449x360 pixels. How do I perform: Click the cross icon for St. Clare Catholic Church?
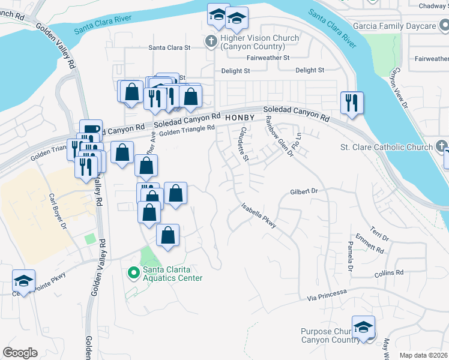(x=441, y=146)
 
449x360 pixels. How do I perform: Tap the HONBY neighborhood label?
(x=240, y=118)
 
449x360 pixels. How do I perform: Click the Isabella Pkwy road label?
(x=259, y=214)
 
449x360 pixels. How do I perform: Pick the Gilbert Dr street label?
(x=303, y=191)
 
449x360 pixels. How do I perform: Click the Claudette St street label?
(x=243, y=144)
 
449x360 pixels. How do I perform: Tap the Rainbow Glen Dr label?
(x=279, y=137)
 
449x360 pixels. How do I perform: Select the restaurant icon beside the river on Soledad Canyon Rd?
(x=351, y=103)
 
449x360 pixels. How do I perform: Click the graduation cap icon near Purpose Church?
(x=363, y=328)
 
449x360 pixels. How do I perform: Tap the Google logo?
(x=20, y=353)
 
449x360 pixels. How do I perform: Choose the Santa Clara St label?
(x=169, y=47)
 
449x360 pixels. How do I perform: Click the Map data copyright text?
(x=423, y=355)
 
